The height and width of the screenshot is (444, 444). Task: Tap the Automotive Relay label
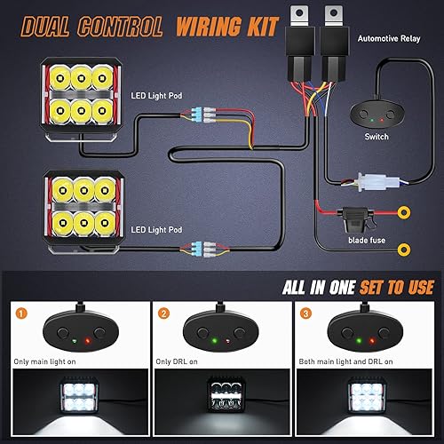[388, 39]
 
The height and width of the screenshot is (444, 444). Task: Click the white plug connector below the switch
[370, 182]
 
